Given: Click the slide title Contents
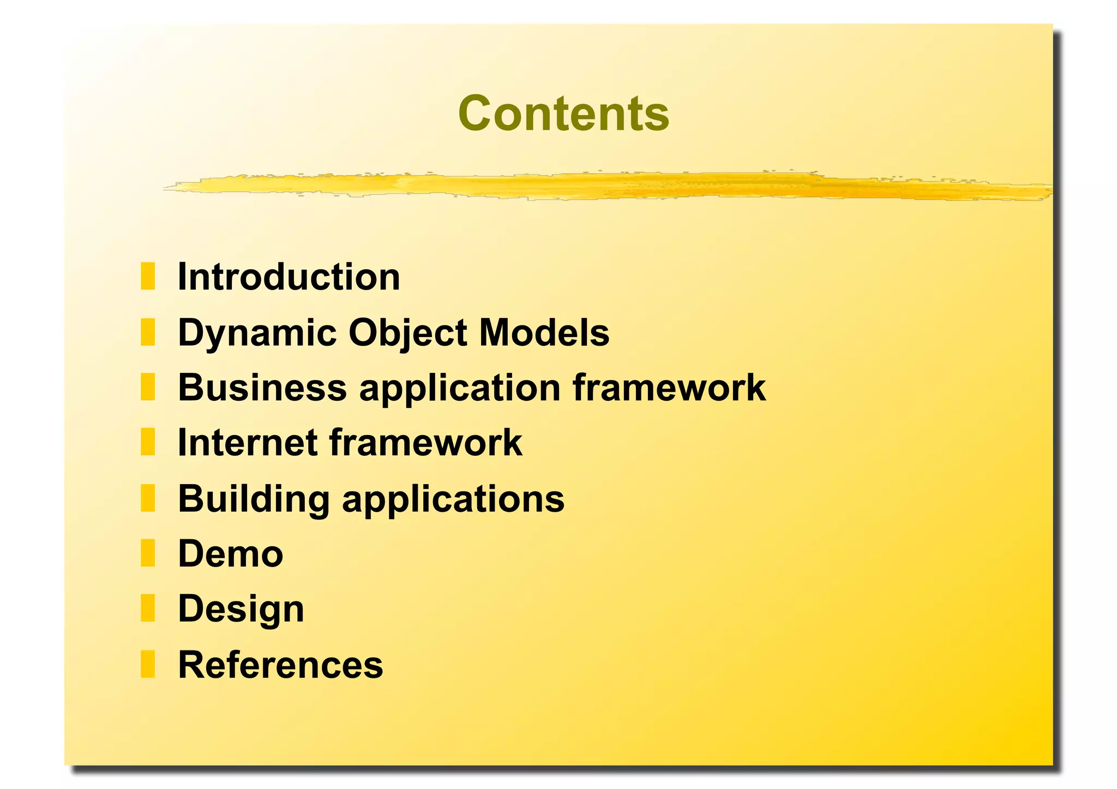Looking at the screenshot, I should click(x=563, y=113).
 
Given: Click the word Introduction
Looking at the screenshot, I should click(x=289, y=277).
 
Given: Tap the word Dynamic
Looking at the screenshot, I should click(x=257, y=333).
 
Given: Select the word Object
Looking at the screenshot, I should click(x=407, y=333).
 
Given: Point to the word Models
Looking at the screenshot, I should click(x=544, y=333).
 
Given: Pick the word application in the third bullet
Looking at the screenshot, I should click(x=459, y=389).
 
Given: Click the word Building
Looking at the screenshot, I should click(x=254, y=499).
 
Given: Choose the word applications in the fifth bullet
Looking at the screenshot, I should click(x=453, y=500).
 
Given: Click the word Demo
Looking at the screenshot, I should click(x=230, y=554).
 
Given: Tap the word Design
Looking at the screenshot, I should click(x=241, y=610).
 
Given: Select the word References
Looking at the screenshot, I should click(x=280, y=665).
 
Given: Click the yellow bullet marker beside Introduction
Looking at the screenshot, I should click(x=148, y=276).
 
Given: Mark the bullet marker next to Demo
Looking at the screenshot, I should click(x=148, y=553).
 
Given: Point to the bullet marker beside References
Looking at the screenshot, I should click(x=148, y=664).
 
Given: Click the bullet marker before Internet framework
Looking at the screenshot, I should click(x=148, y=442).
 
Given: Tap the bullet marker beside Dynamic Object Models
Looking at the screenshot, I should click(x=148, y=332).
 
